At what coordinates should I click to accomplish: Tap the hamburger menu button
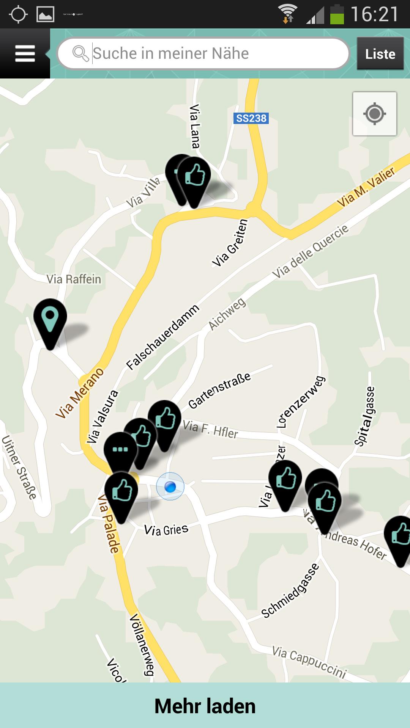click(25, 53)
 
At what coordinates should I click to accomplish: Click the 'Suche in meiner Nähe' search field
click(203, 53)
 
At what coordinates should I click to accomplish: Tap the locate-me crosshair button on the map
click(374, 114)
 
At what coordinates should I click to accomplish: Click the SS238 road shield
click(251, 118)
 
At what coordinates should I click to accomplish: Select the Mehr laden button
click(205, 706)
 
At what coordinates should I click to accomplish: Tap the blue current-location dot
click(170, 486)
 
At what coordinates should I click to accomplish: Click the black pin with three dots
click(120, 451)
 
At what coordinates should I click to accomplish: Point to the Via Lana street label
click(195, 126)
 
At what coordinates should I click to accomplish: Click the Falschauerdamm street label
click(163, 337)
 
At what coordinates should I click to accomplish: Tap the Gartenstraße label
click(219, 391)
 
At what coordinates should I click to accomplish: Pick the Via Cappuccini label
click(309, 662)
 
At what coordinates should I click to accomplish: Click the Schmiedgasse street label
click(290, 591)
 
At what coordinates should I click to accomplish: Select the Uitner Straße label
click(20, 468)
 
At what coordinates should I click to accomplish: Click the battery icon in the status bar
click(336, 15)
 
